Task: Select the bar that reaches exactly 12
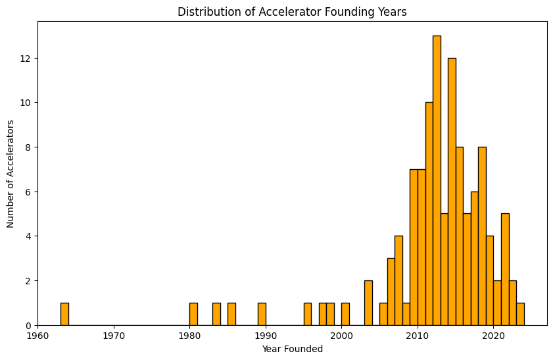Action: [452, 192]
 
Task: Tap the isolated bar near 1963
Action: [64, 314]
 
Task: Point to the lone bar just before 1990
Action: [262, 314]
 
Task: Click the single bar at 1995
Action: [307, 314]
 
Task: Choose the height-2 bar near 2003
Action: [368, 303]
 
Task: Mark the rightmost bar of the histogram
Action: [520, 314]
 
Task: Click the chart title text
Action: [292, 11]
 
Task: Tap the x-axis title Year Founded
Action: [292, 349]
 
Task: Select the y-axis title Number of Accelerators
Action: [11, 173]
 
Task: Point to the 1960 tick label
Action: [37, 336]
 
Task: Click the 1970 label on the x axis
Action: [114, 336]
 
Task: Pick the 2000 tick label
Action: [342, 336]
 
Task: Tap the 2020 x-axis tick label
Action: [494, 336]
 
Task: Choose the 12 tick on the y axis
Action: [25, 59]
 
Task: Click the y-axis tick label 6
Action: [28, 192]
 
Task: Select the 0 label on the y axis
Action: [28, 325]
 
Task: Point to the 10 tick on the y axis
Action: [25, 103]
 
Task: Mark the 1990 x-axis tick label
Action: [266, 336]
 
